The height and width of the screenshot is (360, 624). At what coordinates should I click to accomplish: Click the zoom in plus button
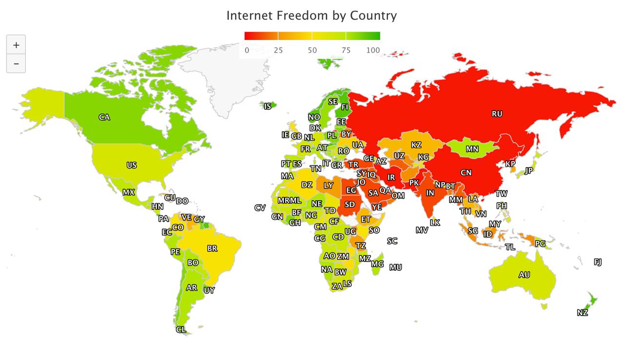[16, 45]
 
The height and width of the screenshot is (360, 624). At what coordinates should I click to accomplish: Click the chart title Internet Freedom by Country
[312, 16]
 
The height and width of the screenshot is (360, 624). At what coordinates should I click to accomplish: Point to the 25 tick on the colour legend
[278, 50]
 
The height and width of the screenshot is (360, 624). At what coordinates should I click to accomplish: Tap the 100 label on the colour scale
[373, 50]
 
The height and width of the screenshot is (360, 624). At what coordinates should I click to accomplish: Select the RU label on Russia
[497, 114]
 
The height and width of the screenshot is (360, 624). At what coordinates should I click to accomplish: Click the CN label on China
[466, 172]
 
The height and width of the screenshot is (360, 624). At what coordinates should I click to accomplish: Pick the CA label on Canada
[104, 117]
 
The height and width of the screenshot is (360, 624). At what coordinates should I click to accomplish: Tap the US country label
[132, 165]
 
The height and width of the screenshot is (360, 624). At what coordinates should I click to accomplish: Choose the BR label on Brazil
[212, 248]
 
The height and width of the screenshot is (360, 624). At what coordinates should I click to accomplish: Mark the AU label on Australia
[524, 275]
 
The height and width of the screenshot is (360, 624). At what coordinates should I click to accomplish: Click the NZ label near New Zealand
[583, 313]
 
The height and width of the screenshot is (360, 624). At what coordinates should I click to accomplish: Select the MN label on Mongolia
[472, 149]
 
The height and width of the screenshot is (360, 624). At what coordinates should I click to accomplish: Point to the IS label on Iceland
[268, 106]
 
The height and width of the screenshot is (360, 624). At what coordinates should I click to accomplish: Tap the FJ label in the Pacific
[598, 262]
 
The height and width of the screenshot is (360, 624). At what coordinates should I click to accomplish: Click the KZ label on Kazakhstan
[416, 145]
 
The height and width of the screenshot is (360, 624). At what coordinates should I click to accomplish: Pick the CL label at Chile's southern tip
[181, 330]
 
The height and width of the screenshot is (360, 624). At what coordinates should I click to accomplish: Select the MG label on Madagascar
[377, 264]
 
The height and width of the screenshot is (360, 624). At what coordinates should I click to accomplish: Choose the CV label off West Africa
[260, 208]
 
